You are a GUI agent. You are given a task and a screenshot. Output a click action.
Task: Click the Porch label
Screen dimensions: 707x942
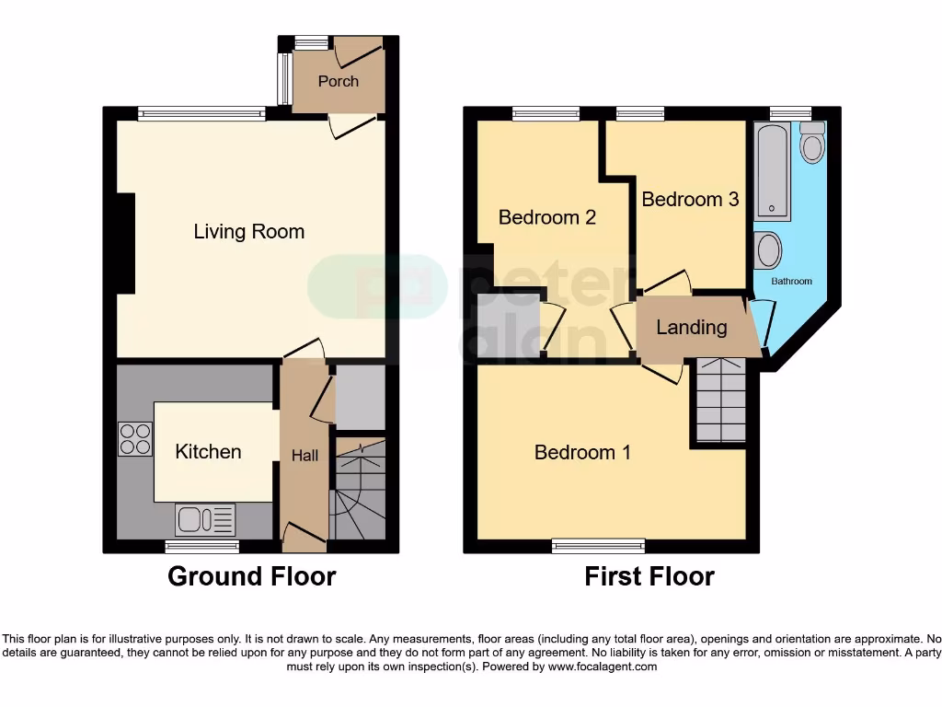tap(338, 81)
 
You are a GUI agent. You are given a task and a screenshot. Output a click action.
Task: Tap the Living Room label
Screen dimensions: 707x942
tap(248, 231)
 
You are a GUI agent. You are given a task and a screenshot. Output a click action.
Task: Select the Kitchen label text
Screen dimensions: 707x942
tap(208, 451)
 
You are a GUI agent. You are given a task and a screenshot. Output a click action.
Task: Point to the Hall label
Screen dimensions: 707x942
tap(304, 455)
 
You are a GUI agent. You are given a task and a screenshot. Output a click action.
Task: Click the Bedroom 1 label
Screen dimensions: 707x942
tap(582, 452)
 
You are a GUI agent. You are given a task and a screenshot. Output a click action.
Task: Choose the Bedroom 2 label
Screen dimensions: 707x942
tap(546, 217)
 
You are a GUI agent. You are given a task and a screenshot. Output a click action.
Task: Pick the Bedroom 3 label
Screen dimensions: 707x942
tap(690, 199)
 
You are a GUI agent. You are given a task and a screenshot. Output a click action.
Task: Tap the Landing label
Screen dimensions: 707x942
tap(691, 327)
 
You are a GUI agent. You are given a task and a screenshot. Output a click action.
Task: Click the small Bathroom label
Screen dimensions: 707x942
tap(791, 281)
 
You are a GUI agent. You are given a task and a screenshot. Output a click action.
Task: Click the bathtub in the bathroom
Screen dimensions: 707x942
tap(771, 173)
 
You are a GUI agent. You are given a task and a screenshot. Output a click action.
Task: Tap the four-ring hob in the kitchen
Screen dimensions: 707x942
tap(135, 438)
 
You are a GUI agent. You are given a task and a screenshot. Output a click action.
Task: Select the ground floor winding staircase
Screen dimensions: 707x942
tap(359, 489)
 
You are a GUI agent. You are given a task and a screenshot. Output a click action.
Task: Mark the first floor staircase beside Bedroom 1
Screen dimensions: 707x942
tap(720, 401)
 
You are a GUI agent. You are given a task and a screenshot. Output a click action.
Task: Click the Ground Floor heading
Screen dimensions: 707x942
tap(251, 577)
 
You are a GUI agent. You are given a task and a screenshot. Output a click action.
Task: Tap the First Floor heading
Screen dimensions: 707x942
tap(649, 577)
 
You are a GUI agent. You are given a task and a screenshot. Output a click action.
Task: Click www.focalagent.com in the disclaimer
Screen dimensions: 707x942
tap(603, 666)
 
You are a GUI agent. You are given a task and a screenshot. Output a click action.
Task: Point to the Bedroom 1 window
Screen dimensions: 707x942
tap(598, 546)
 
